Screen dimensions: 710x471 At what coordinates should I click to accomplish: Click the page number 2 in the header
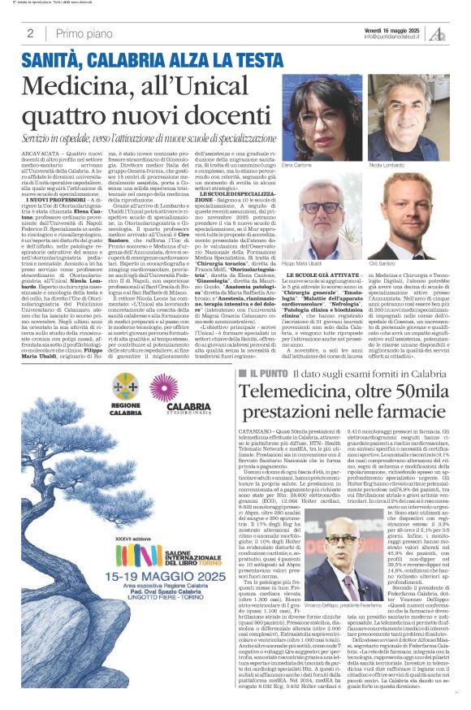pyautogui.click(x=30, y=33)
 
